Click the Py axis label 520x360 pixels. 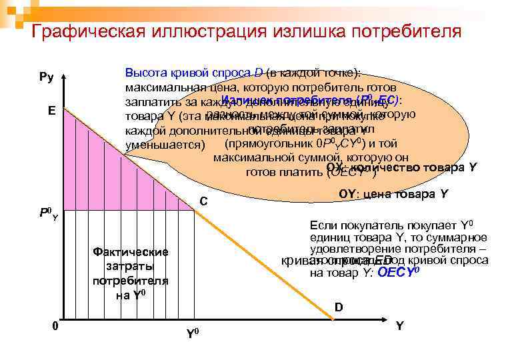click(47, 77)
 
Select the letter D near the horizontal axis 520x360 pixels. click(339, 307)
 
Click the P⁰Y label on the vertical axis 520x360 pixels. click(49, 214)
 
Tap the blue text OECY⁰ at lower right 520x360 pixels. click(399, 272)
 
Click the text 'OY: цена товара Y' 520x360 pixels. click(393, 194)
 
